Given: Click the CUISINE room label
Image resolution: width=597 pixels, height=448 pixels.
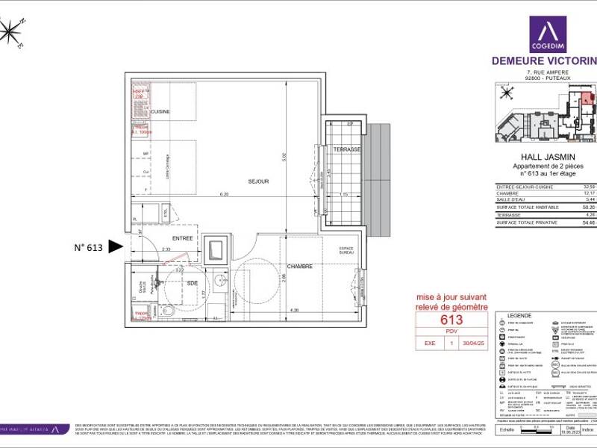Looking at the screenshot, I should tap(160, 112).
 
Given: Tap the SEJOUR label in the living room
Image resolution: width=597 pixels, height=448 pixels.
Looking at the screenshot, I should tap(258, 181).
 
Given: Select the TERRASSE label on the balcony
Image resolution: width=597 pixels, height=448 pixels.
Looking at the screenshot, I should tap(348, 149).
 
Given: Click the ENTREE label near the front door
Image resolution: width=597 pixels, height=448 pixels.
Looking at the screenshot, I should tap(183, 239).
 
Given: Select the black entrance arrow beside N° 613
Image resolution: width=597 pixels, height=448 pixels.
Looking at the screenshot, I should tap(115, 246).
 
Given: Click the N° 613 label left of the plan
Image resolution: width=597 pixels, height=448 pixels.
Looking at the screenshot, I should tap(87, 247).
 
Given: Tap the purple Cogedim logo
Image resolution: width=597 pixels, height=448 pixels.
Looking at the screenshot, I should tap(548, 34).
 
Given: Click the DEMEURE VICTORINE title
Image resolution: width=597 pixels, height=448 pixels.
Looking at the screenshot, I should tap(544, 60).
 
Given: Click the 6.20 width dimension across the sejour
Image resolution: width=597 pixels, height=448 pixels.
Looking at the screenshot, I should tap(224, 194).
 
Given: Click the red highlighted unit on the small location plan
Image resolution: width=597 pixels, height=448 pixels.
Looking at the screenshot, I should tap(587, 96).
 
